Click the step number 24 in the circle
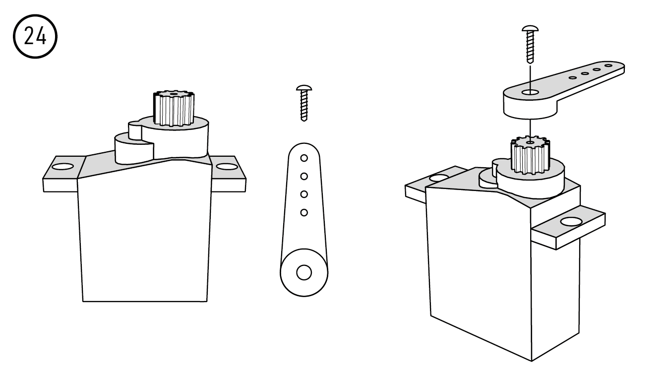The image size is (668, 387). point(35,36)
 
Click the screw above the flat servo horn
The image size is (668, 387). point(304,103)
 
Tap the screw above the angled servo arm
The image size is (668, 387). point(530,44)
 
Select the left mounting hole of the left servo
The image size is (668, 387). point(62,166)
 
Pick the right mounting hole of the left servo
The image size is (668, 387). point(227,167)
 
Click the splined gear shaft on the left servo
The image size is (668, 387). point(174,108)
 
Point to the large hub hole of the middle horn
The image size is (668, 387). point(304,272)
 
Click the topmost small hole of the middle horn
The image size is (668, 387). point(304,158)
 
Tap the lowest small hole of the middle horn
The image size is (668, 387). point(304,212)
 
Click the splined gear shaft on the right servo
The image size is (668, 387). point(530,155)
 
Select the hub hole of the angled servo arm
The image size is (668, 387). point(530,92)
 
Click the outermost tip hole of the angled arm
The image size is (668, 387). point(608,65)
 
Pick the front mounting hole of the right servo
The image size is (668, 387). point(571,222)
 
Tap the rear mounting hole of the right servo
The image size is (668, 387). point(439,179)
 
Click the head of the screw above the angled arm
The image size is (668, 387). point(530,29)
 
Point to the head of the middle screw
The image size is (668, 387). point(304,88)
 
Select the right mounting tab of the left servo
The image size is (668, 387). point(229,174)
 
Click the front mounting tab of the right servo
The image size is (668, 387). point(569,227)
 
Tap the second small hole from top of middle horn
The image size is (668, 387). point(304,176)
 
